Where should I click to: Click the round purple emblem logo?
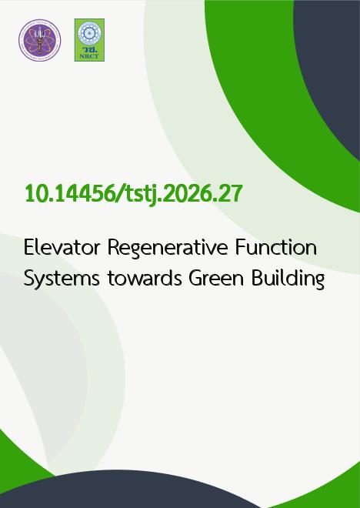39,40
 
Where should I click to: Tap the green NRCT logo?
89,40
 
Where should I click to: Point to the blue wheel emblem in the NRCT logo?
89,33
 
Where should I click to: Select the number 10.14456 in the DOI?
69,194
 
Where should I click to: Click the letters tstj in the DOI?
138,195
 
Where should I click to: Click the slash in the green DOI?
118,195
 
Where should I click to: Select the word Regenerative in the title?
168,249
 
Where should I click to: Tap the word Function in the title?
275,248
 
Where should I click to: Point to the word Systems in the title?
62,279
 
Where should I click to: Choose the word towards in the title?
145,279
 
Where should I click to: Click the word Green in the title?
217,279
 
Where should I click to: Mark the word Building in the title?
288,279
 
